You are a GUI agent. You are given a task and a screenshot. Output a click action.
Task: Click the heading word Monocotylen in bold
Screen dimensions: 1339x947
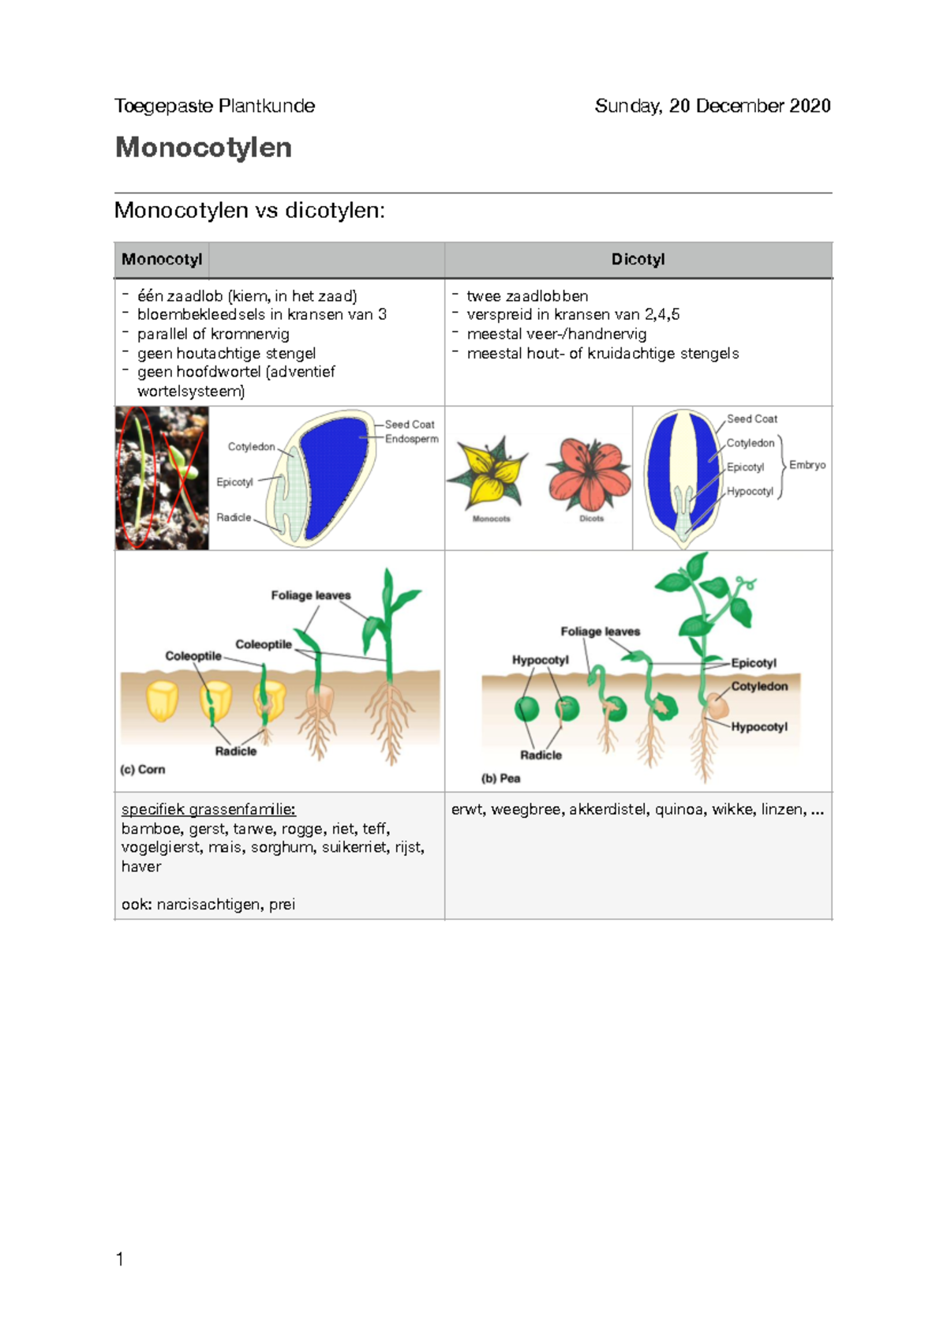click(203, 148)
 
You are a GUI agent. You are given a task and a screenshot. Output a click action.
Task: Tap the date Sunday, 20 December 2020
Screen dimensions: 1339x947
click(712, 106)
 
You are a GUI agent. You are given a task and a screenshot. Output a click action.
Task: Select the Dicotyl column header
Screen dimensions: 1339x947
click(638, 260)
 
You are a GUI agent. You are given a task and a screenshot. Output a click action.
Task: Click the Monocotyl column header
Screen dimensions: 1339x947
click(162, 260)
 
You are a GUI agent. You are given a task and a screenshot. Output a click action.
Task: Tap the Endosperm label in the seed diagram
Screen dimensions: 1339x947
click(411, 439)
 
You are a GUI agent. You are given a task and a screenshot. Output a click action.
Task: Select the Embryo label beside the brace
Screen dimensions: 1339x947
click(807, 465)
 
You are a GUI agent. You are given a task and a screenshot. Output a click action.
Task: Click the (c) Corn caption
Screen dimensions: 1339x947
click(142, 769)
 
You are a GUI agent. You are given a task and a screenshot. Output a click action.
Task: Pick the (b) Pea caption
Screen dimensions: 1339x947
click(500, 778)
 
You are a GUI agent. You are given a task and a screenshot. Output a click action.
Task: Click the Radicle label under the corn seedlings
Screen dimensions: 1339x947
click(235, 752)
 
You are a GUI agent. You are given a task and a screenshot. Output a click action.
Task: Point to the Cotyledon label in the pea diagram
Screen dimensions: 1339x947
click(759, 686)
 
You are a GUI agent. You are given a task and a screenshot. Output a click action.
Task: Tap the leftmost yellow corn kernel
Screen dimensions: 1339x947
click(162, 700)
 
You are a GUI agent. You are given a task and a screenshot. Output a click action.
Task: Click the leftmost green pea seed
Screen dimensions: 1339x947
click(526, 708)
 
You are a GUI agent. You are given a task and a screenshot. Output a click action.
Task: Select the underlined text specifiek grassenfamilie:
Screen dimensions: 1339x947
click(208, 809)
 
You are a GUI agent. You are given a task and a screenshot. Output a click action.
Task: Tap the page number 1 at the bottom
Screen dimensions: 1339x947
click(120, 1259)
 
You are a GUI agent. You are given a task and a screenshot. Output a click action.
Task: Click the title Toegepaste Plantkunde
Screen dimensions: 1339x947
click(215, 106)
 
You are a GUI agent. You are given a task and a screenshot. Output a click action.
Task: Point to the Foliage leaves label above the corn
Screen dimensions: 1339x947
click(310, 595)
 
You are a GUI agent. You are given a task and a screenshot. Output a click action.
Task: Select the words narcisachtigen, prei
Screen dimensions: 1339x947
click(226, 904)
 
